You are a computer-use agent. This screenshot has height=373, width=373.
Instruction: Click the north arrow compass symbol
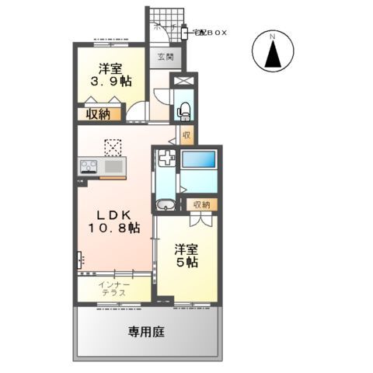pyautogui.click(x=274, y=53)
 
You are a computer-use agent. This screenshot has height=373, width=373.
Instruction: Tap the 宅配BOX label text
pyautogui.click(x=210, y=31)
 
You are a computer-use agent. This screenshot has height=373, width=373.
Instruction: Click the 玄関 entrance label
pyautogui.click(x=164, y=57)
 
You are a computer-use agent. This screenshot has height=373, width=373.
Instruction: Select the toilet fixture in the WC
pyautogui.click(x=184, y=110)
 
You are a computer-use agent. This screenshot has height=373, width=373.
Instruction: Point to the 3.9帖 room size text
pyautogui.click(x=110, y=81)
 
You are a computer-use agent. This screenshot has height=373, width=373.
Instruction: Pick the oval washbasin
pyautogui.click(x=165, y=206)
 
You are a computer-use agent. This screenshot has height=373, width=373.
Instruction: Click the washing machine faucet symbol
pyautogui.click(x=166, y=159)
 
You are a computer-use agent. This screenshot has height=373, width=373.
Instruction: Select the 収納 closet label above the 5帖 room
pyautogui.click(x=201, y=204)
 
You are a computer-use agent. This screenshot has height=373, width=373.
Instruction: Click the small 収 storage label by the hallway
pyautogui.click(x=186, y=135)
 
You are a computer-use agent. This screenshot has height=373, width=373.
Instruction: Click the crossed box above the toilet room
pyautogui.click(x=184, y=82)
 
